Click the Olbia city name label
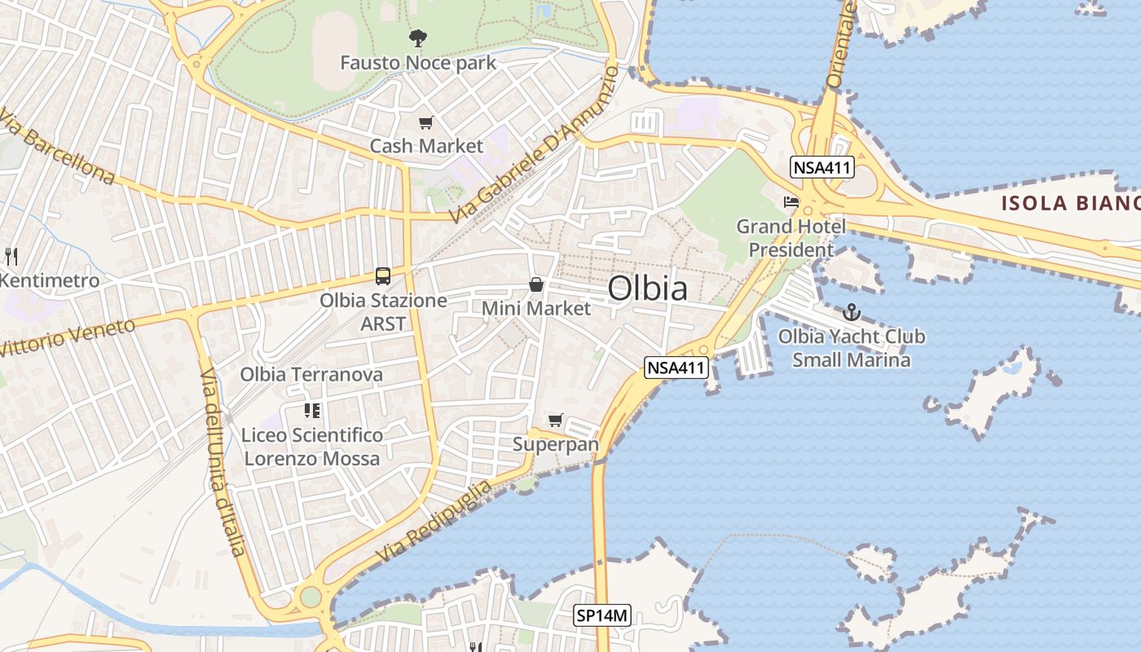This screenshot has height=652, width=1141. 647,289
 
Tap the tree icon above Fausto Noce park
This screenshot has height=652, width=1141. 417,37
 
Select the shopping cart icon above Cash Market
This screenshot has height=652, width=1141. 425,123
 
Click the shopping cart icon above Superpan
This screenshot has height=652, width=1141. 555,421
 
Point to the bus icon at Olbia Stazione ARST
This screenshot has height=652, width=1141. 382,276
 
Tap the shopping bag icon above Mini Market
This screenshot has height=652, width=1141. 535,284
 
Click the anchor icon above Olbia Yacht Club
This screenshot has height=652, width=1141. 851,312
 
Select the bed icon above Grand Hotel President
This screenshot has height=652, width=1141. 790,201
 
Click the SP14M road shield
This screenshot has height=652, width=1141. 602,616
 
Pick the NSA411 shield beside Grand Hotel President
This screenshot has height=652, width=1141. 822,169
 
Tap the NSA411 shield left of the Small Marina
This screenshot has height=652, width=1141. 675,368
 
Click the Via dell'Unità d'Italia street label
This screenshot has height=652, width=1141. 222,461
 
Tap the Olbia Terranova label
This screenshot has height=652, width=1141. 311,375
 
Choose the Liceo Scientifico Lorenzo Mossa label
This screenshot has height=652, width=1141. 312,447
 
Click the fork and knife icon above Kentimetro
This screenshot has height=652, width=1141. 11,257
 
